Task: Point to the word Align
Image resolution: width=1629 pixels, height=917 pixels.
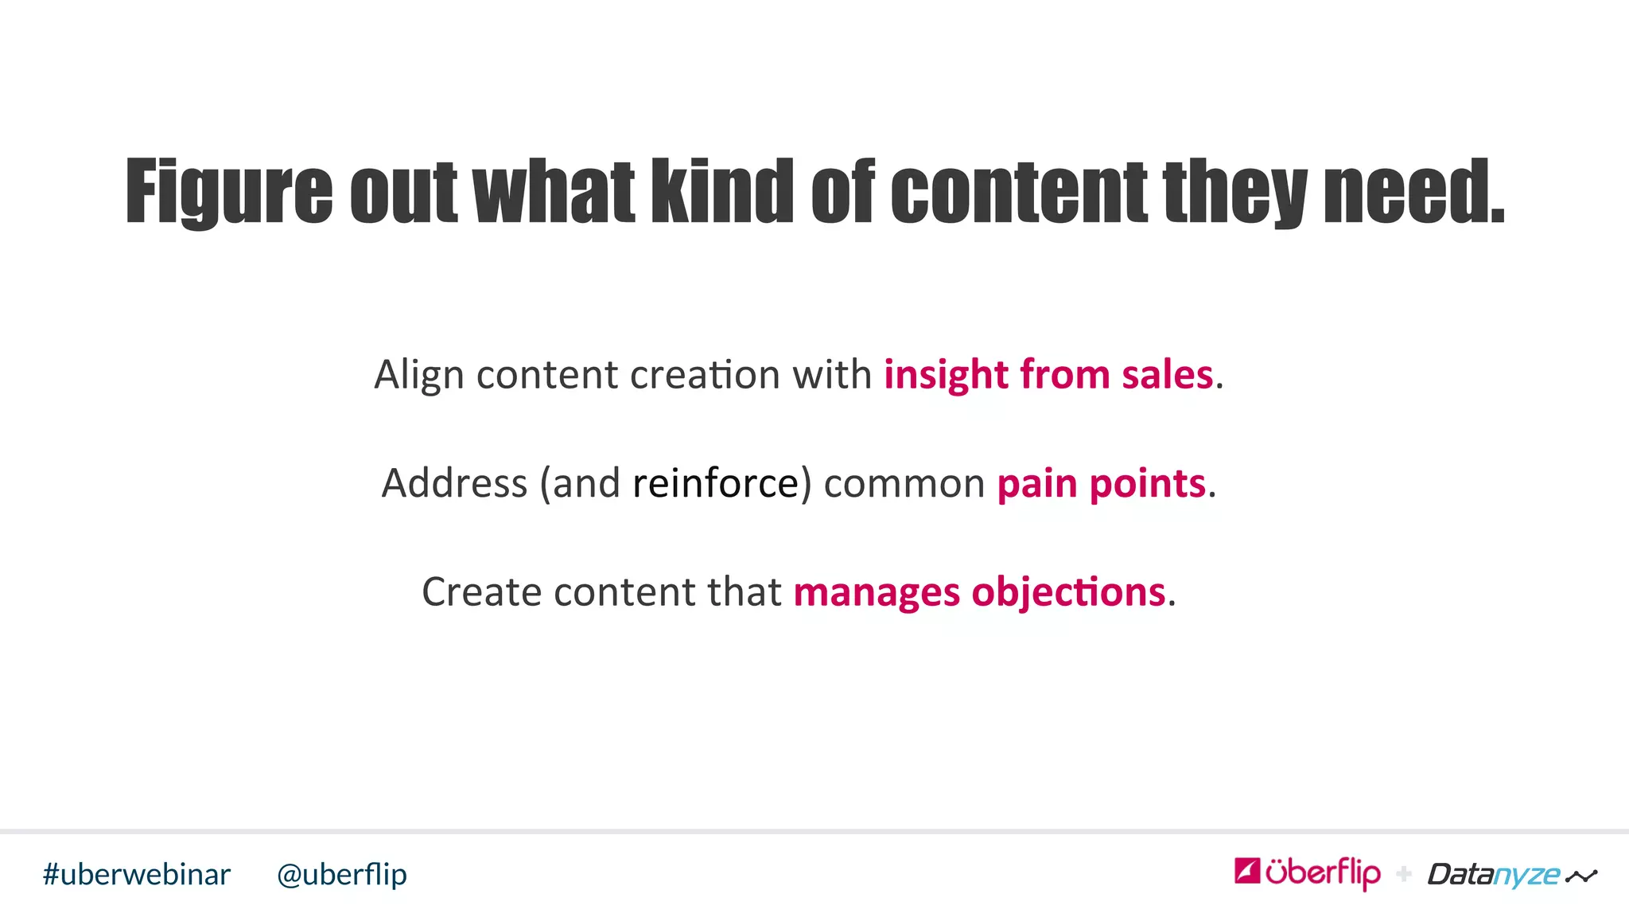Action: coord(418,375)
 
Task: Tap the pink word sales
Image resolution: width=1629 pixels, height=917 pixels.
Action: coord(1167,374)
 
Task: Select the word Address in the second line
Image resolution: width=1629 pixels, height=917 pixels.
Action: coord(454,483)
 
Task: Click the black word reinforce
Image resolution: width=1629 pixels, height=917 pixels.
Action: coord(715,483)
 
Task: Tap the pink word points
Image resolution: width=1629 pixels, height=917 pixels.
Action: coord(1148,483)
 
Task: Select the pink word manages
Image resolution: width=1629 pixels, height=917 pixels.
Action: coord(877,592)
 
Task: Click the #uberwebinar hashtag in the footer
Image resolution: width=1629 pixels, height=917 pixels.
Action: coord(137,874)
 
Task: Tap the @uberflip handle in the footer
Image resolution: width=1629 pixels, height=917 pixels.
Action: coord(342,874)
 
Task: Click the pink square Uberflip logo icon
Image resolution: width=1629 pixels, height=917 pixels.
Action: coord(1246,871)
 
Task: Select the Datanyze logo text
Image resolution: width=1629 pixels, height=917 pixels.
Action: coord(1494,875)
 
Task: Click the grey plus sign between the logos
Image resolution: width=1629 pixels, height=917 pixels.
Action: coord(1404,874)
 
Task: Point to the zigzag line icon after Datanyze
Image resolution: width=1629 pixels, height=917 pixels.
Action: coord(1581,876)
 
